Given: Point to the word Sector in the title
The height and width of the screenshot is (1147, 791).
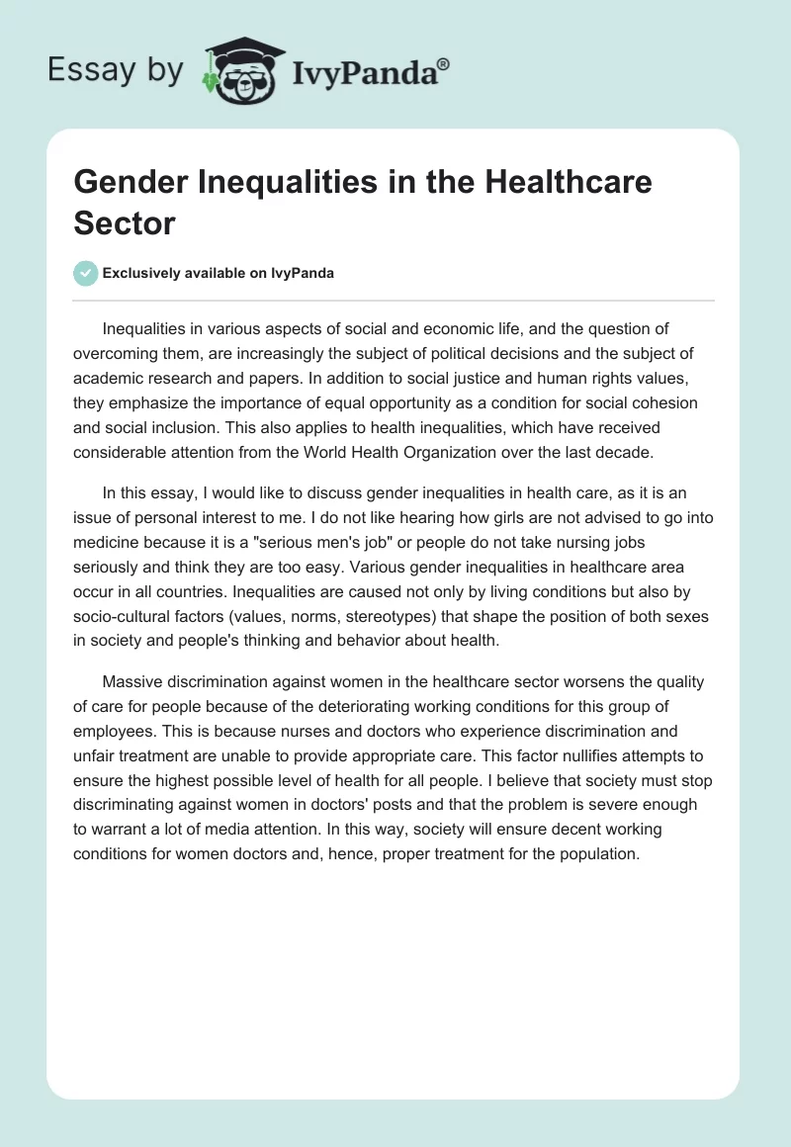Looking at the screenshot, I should (124, 222).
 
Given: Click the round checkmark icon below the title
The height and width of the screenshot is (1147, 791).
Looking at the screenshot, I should (86, 273).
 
